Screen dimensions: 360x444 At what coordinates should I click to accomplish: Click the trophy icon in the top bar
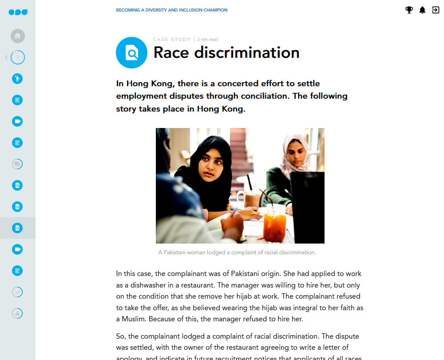[409, 10]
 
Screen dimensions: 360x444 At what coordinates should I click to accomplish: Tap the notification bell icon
[422, 10]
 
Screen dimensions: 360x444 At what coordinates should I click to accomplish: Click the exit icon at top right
[436, 10]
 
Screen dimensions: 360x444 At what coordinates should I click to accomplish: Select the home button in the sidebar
[17, 36]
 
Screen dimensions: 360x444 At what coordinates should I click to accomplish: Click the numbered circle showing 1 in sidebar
[18, 57]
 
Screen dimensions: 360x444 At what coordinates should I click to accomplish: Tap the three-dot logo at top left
[18, 12]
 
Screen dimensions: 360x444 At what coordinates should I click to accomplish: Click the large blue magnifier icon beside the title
[131, 53]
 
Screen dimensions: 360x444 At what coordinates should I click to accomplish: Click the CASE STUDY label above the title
[172, 40]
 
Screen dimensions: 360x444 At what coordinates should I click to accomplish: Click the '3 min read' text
[207, 40]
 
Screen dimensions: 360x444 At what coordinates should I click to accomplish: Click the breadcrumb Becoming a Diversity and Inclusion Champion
[171, 10]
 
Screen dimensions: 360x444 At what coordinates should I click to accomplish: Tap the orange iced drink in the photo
[274, 222]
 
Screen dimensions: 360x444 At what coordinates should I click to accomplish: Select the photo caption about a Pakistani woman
[237, 252]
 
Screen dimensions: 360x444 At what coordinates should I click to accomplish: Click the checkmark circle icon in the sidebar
[17, 292]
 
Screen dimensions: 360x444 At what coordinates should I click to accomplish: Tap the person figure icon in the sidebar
[17, 79]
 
